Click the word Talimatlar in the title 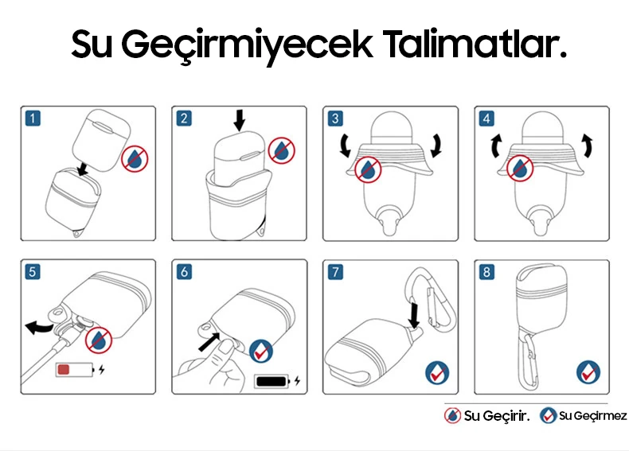point(475,44)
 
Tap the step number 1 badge point(33,119)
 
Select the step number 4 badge point(486,119)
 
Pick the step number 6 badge point(184,271)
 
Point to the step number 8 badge point(486,272)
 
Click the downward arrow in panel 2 point(240,120)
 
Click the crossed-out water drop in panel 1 point(135,159)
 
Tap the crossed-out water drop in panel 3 point(368,169)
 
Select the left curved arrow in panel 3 point(345,146)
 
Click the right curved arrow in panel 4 point(588,145)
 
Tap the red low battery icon point(75,370)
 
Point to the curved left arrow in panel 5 point(39,327)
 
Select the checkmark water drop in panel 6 point(261,352)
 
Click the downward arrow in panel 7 point(413,316)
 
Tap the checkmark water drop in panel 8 point(588,372)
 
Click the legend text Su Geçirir point(497,416)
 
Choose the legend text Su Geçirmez point(593,416)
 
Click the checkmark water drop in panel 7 point(437,373)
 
